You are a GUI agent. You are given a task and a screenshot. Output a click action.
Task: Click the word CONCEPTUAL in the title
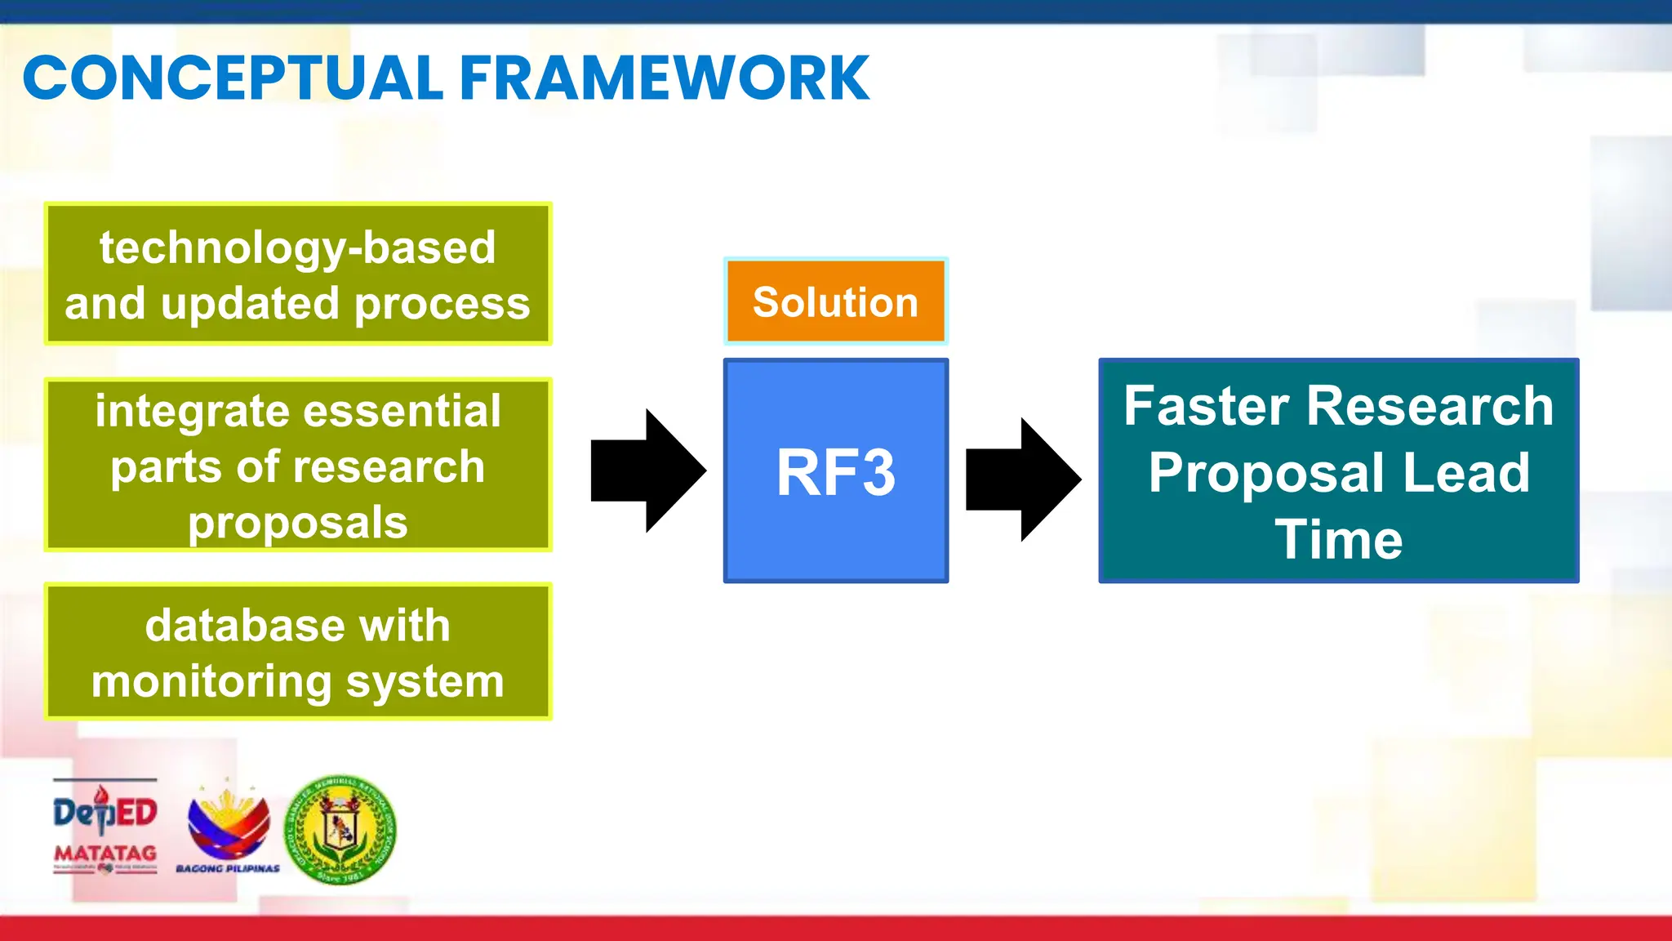pos(233,78)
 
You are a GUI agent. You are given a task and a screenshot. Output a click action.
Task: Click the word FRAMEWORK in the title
pos(665,78)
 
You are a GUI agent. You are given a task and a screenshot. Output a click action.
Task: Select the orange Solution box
pos(835,301)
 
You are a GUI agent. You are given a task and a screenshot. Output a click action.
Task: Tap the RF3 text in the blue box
pos(835,472)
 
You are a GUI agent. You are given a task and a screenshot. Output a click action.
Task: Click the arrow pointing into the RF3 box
pos(648,470)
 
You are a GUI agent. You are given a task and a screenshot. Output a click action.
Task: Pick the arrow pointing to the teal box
pos(1023,479)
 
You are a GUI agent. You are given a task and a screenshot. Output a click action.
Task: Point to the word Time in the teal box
pos(1339,540)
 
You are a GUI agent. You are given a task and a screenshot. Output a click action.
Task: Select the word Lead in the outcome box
pos(1466,473)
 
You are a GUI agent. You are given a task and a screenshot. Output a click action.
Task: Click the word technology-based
pos(297,248)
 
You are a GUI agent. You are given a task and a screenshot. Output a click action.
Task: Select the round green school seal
pos(340,830)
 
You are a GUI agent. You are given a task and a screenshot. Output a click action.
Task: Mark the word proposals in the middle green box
pos(297,523)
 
